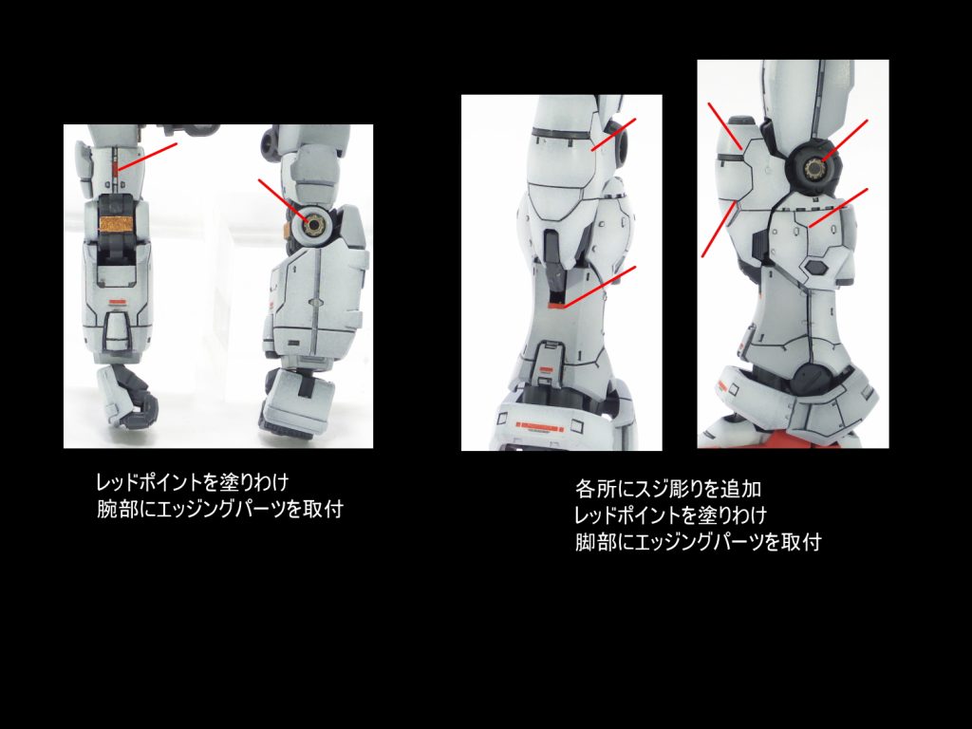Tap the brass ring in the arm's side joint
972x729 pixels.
[311, 224]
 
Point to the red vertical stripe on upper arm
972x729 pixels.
[116, 168]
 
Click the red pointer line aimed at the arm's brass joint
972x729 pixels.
[281, 199]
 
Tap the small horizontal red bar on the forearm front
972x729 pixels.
[118, 303]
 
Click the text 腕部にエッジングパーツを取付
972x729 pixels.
[219, 509]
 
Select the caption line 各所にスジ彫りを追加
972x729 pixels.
[668, 490]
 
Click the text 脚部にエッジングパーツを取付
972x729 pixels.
[698, 542]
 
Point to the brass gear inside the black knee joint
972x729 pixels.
[814, 169]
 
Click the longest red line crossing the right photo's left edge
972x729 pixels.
[718, 228]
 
